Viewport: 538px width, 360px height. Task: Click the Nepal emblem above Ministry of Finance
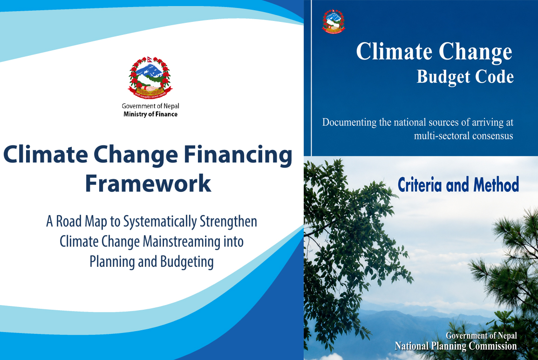[150, 77]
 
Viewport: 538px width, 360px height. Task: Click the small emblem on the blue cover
[334, 21]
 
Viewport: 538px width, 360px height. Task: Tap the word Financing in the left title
[238, 155]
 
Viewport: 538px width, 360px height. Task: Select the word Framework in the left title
[148, 183]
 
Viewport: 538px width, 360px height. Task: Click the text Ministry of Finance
[150, 114]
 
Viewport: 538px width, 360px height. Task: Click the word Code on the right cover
[494, 76]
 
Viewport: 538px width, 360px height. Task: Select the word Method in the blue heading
[496, 184]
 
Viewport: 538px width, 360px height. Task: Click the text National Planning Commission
[456, 346]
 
